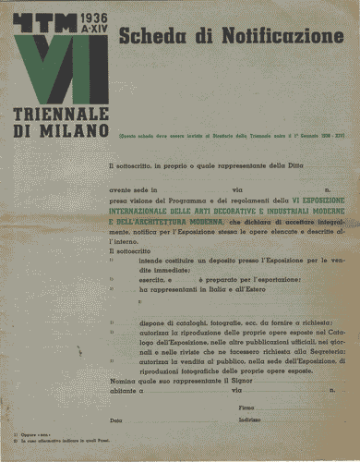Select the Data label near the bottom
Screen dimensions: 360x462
point(115,420)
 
